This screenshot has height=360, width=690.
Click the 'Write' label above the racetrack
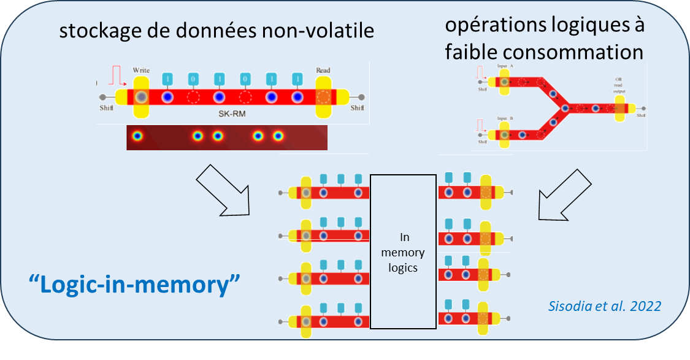click(x=140, y=71)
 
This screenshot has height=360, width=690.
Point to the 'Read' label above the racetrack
click(x=323, y=70)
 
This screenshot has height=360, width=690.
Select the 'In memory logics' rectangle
click(x=403, y=252)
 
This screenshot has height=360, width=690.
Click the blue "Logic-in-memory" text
click(x=134, y=285)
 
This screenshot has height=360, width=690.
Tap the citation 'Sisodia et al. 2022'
click(x=621, y=305)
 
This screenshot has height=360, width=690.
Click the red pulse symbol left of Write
click(x=116, y=76)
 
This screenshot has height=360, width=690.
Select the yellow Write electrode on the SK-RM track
click(x=141, y=98)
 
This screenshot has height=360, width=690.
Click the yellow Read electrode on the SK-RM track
click(x=323, y=98)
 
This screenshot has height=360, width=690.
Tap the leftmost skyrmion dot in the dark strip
click(x=137, y=136)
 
